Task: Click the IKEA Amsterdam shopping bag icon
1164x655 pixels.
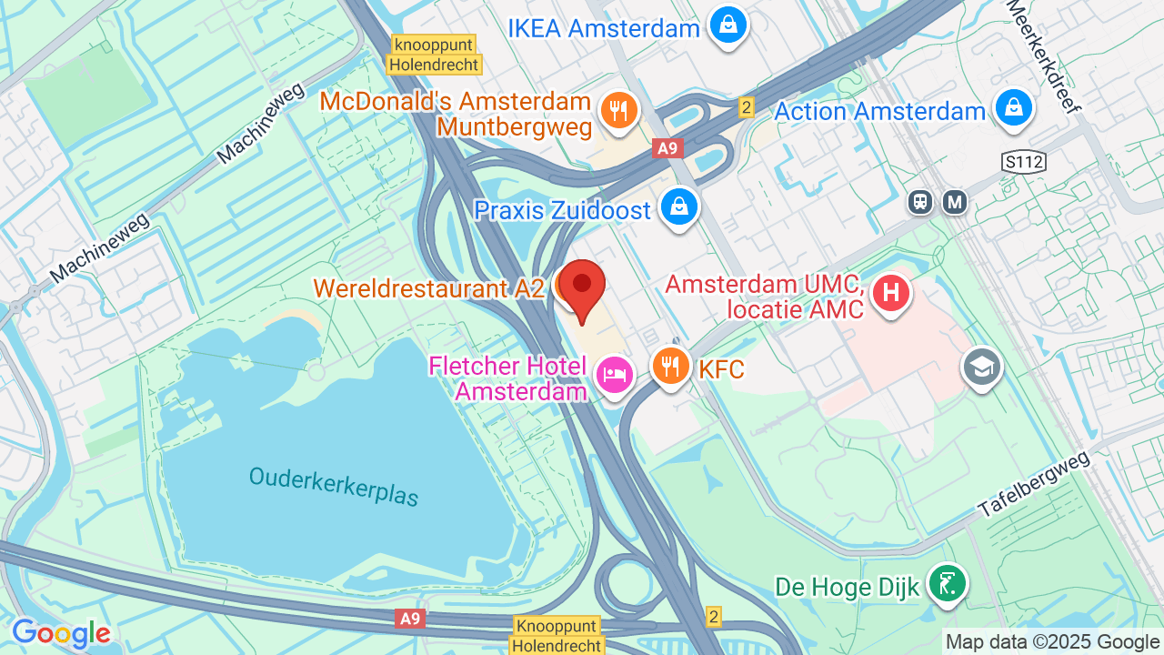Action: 728,25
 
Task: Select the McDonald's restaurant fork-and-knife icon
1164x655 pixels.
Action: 619,111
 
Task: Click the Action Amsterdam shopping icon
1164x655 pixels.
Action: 1012,108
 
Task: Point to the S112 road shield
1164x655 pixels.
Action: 1024,163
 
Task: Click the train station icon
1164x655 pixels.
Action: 920,202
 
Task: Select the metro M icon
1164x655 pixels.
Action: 955,202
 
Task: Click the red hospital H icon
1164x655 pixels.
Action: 890,293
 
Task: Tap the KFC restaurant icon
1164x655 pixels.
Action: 671,366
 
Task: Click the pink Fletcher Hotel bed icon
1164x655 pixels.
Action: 615,374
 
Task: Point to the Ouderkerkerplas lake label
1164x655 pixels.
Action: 334,487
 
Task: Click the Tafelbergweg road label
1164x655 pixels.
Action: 1034,485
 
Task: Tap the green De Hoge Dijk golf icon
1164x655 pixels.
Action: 947,583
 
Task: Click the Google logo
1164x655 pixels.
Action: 61,633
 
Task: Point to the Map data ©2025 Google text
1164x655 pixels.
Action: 1053,641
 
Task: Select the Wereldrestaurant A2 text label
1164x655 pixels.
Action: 428,288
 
